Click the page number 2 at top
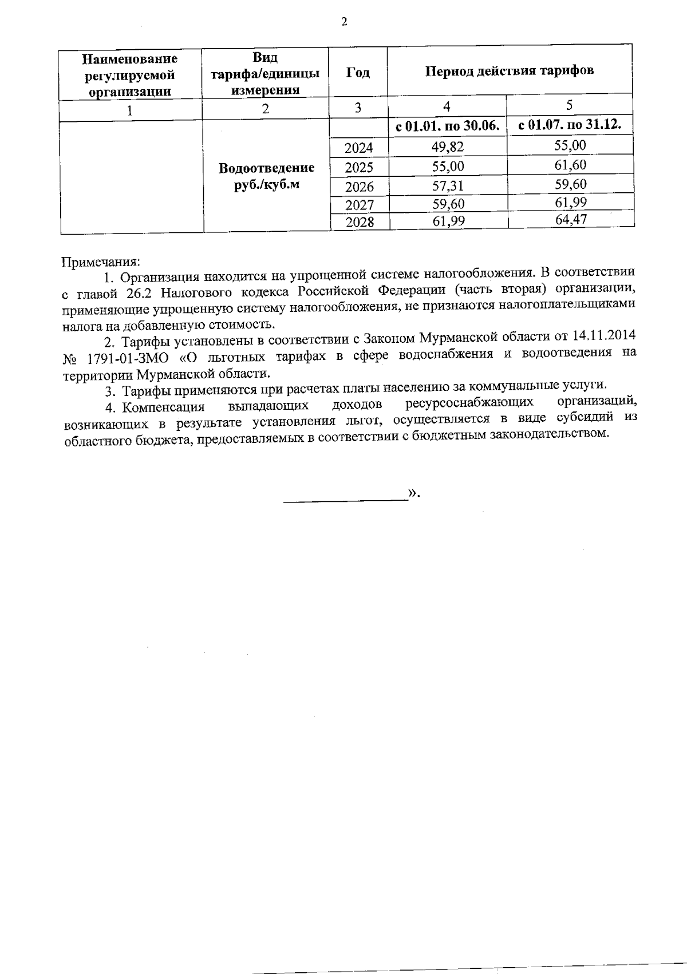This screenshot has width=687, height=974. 343,22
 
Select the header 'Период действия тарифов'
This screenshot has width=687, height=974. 509,71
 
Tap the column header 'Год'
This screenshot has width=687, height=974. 358,73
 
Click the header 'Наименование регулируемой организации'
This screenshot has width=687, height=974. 131,75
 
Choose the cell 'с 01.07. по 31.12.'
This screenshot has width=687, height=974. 570,125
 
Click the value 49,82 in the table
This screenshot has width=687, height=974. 448,147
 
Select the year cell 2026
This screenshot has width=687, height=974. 359,187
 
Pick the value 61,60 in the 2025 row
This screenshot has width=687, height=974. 570,165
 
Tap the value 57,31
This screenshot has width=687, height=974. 448,185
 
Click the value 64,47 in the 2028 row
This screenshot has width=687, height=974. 571,219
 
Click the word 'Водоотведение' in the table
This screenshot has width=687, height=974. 267,168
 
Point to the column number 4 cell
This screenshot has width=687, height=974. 447,106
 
